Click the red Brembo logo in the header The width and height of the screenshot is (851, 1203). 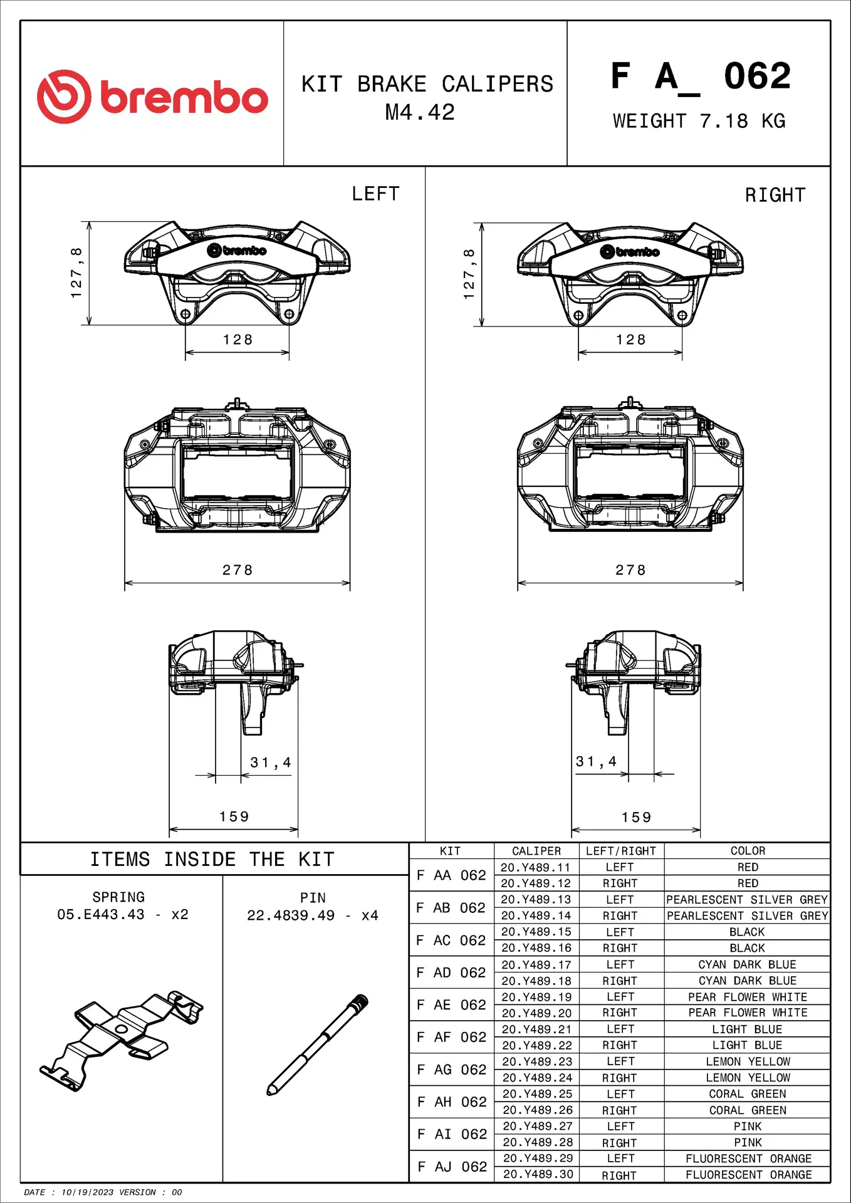coord(152,96)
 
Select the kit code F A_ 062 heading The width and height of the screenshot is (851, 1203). coord(701,77)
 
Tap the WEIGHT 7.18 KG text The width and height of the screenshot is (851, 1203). coord(699,121)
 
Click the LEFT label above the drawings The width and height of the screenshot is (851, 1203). coord(375,194)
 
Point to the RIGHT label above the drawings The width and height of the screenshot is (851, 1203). coord(775,195)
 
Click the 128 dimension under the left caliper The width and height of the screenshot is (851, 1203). coord(238,340)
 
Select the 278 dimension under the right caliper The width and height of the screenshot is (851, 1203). coord(630,570)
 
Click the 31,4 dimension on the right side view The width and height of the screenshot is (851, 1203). coord(596,761)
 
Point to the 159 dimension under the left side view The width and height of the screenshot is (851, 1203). coord(234,816)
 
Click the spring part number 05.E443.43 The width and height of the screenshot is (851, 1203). coord(101,914)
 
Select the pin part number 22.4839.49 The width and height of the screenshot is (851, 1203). coord(291,915)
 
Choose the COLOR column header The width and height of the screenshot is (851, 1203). coord(748,851)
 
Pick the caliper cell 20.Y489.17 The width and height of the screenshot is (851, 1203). coord(536,964)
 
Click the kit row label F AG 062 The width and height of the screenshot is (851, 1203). coord(451,1070)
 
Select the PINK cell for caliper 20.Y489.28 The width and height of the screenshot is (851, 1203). coord(748,1142)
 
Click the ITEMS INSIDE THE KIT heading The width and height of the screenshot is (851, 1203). coord(212,859)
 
